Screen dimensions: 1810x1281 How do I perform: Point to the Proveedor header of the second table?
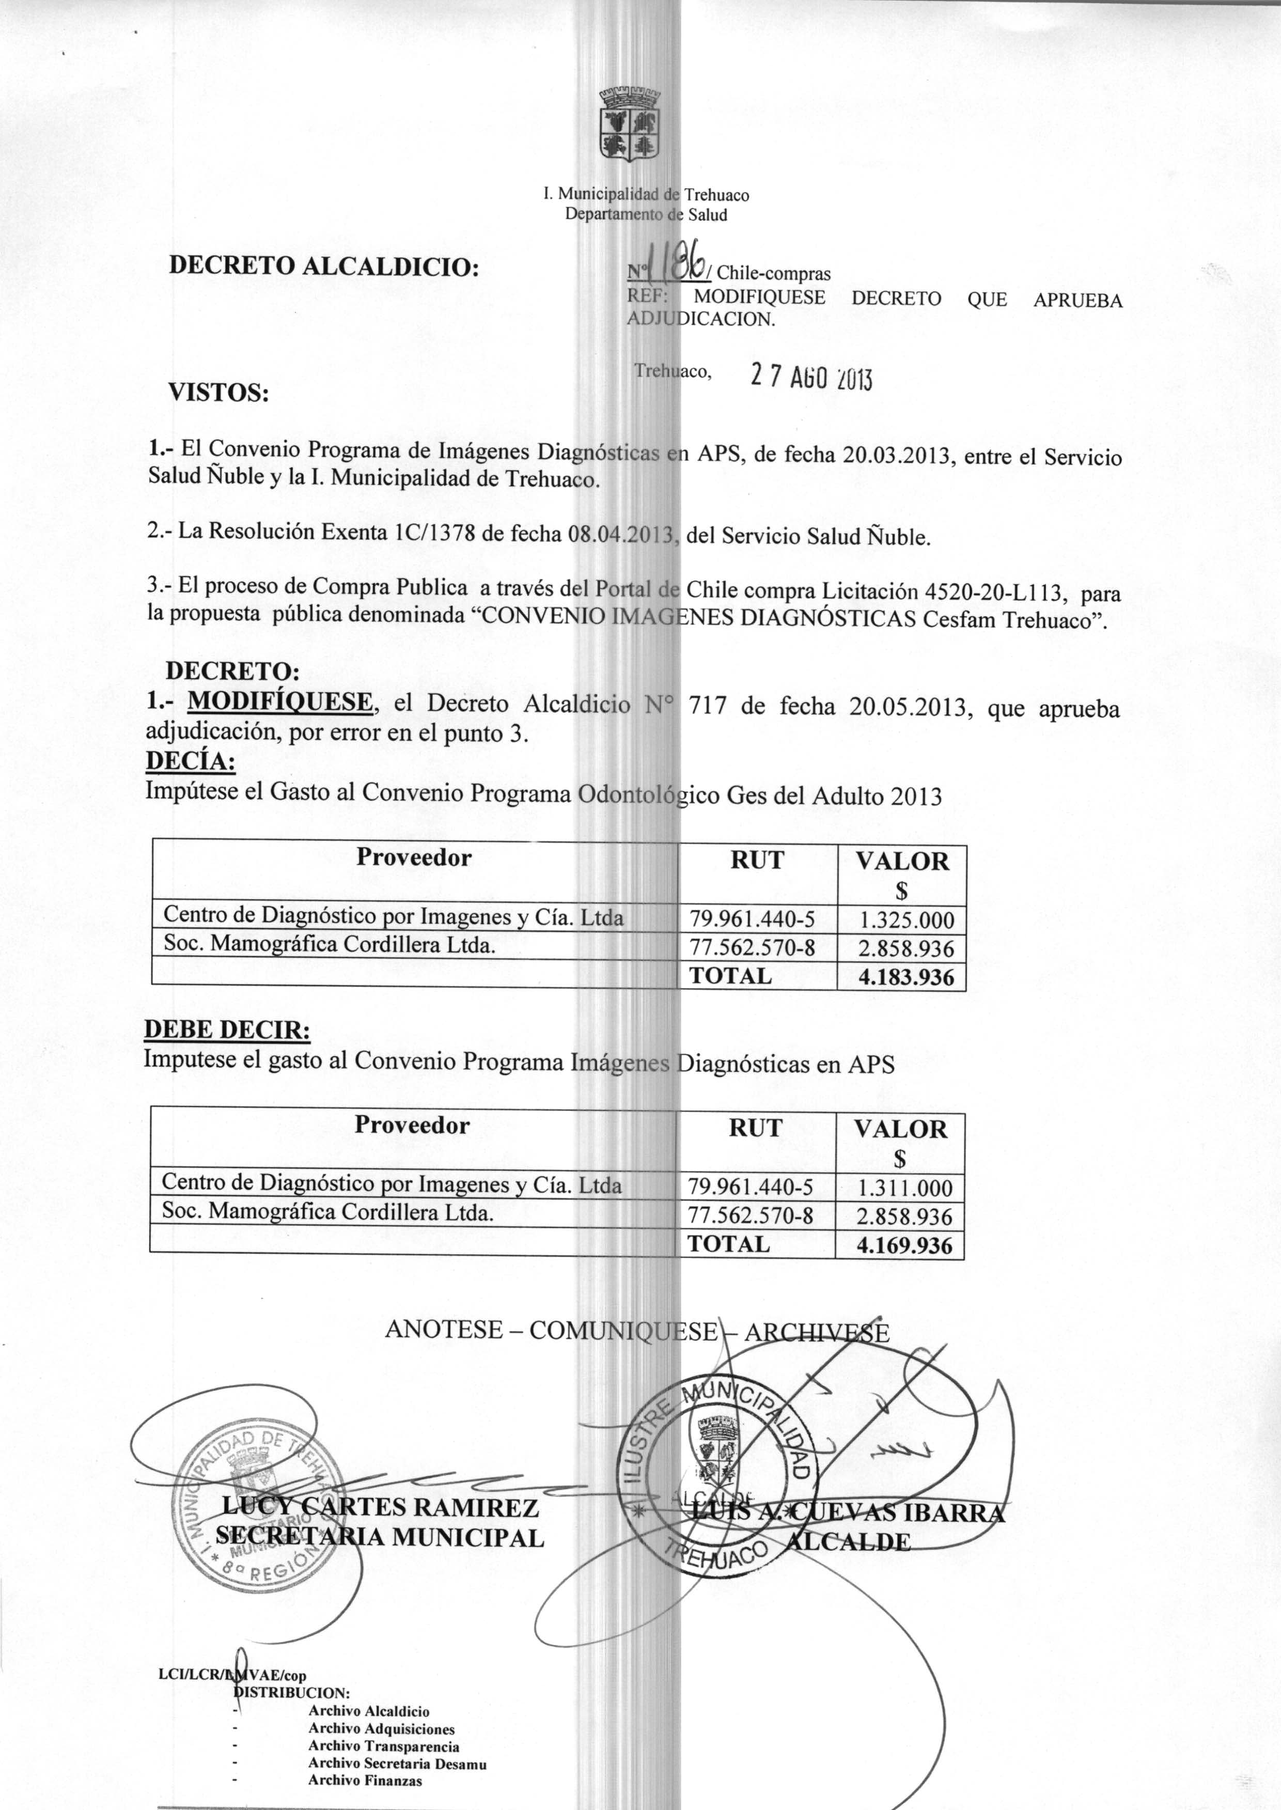(412, 1126)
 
